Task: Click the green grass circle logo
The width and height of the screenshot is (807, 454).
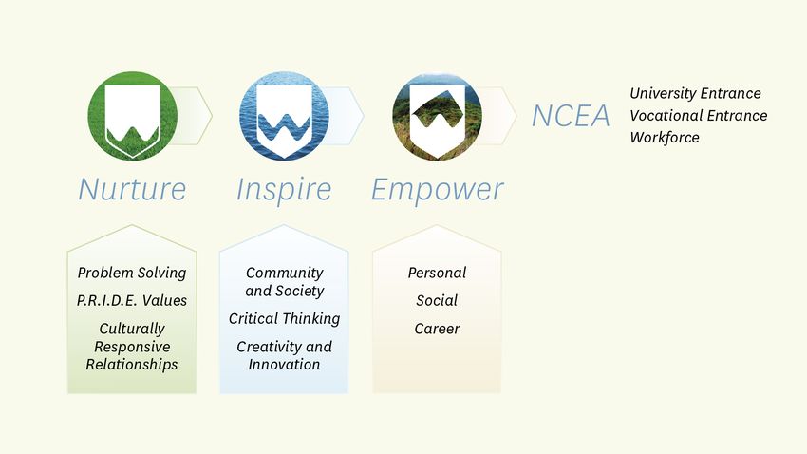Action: pyautogui.click(x=133, y=116)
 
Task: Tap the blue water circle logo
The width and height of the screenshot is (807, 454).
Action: pyautogui.click(x=284, y=116)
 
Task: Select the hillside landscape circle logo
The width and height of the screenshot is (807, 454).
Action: pyautogui.click(x=437, y=116)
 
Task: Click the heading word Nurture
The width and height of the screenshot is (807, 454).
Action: pyautogui.click(x=132, y=189)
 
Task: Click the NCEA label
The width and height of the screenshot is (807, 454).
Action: pyautogui.click(x=571, y=116)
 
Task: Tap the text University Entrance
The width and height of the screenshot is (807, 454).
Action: pyautogui.click(x=695, y=93)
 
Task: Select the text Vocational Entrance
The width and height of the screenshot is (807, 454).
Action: pyautogui.click(x=699, y=115)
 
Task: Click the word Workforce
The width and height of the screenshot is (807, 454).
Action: pyautogui.click(x=665, y=138)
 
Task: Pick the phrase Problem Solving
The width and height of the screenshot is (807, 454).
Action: pyautogui.click(x=132, y=273)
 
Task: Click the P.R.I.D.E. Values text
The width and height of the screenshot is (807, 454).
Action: pyautogui.click(x=132, y=300)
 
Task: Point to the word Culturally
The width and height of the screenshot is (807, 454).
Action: pyautogui.click(x=132, y=329)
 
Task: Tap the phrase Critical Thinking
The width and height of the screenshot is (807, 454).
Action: pyautogui.click(x=284, y=318)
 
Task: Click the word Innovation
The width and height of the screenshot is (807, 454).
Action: pyautogui.click(x=284, y=365)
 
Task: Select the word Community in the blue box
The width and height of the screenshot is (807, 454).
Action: pyautogui.click(x=285, y=273)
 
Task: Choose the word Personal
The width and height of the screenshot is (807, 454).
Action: pyautogui.click(x=437, y=273)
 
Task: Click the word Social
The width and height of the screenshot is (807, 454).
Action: pyautogui.click(x=437, y=300)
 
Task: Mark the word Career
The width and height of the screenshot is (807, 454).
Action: pyautogui.click(x=437, y=329)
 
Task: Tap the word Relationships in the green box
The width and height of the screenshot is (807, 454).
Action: pyautogui.click(x=132, y=365)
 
